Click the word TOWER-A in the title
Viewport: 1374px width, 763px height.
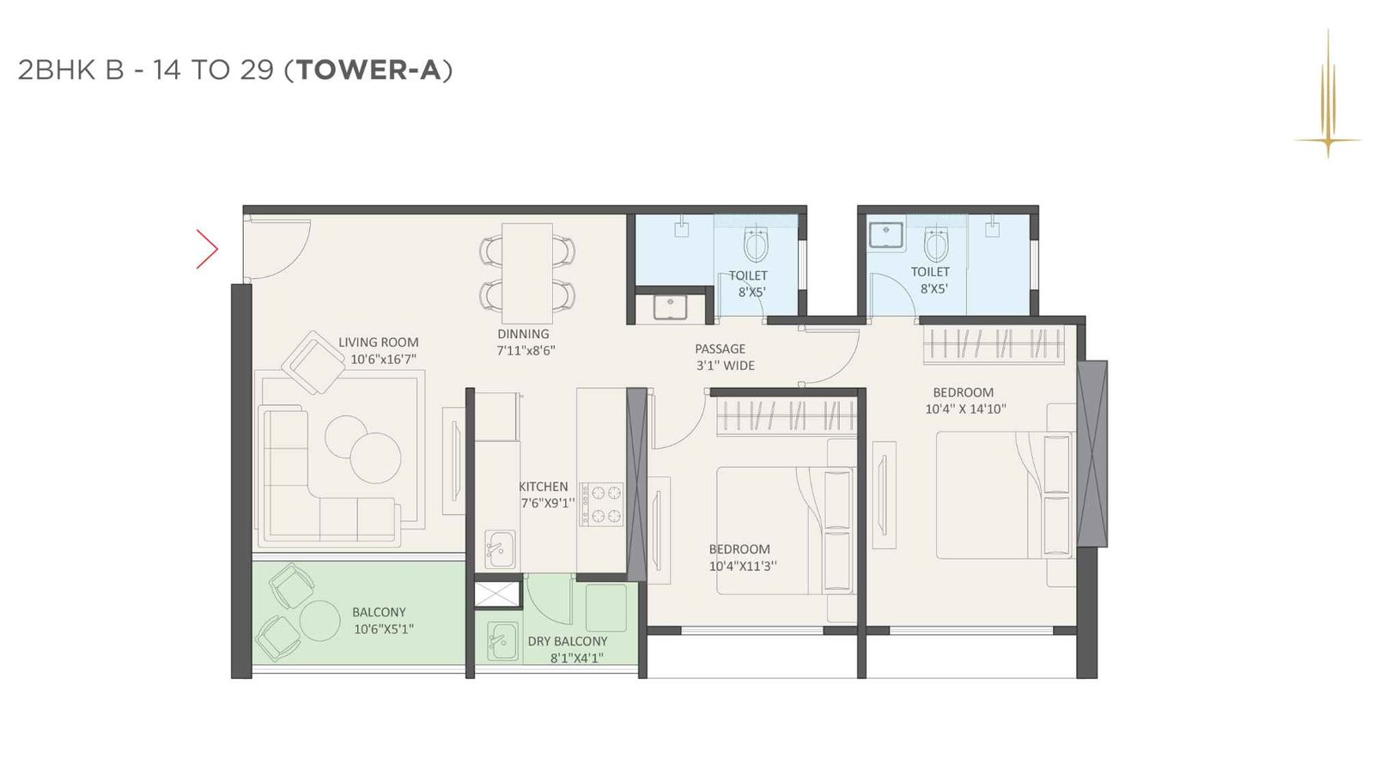click(368, 70)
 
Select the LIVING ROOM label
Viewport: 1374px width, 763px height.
click(378, 342)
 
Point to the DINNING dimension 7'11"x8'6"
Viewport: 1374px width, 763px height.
click(526, 351)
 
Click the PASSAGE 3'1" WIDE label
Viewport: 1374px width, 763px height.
click(724, 357)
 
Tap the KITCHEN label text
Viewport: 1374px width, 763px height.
click(543, 487)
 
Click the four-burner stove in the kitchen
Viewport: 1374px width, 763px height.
click(601, 504)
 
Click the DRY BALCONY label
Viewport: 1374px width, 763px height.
click(567, 641)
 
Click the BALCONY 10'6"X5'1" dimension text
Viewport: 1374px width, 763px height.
click(384, 629)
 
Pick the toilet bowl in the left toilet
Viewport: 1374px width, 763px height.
click(756, 245)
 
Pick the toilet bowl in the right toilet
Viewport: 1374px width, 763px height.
click(936, 245)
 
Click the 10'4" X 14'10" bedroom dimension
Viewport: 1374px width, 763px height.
click(964, 409)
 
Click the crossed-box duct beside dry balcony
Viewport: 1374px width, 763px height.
click(498, 594)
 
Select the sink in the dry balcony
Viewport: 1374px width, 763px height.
click(501, 641)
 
